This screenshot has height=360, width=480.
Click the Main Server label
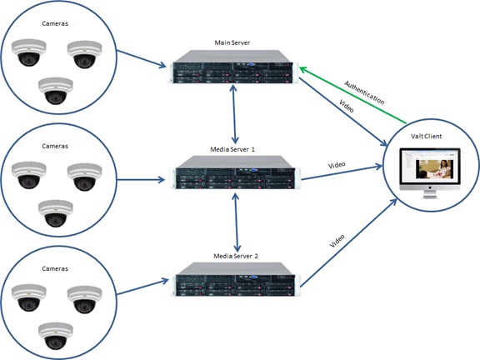click(x=232, y=42)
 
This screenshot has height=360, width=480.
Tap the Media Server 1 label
click(x=232, y=149)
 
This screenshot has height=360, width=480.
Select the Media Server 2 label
click(x=236, y=256)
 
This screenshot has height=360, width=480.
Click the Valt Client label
click(x=426, y=136)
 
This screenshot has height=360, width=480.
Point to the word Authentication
click(x=364, y=92)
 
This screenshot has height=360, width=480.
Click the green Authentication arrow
click(x=352, y=95)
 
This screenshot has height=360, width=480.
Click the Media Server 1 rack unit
click(x=235, y=172)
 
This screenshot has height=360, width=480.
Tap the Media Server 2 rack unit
click(x=235, y=279)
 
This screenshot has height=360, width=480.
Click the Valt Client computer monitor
click(x=430, y=173)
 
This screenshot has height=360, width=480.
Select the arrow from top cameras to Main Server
click(x=142, y=59)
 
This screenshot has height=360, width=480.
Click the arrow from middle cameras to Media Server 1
click(x=141, y=180)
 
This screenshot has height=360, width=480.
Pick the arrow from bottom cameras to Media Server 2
click(x=142, y=287)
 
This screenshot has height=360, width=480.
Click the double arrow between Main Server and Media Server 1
click(x=234, y=114)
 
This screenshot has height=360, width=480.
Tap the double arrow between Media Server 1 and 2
click(x=236, y=222)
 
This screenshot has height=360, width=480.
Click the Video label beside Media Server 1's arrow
click(x=337, y=165)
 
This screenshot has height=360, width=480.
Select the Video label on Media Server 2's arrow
click(x=337, y=241)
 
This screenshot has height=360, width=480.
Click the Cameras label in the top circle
click(x=55, y=23)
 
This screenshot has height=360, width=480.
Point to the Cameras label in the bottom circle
click(x=55, y=268)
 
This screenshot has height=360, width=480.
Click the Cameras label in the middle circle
click(x=55, y=146)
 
